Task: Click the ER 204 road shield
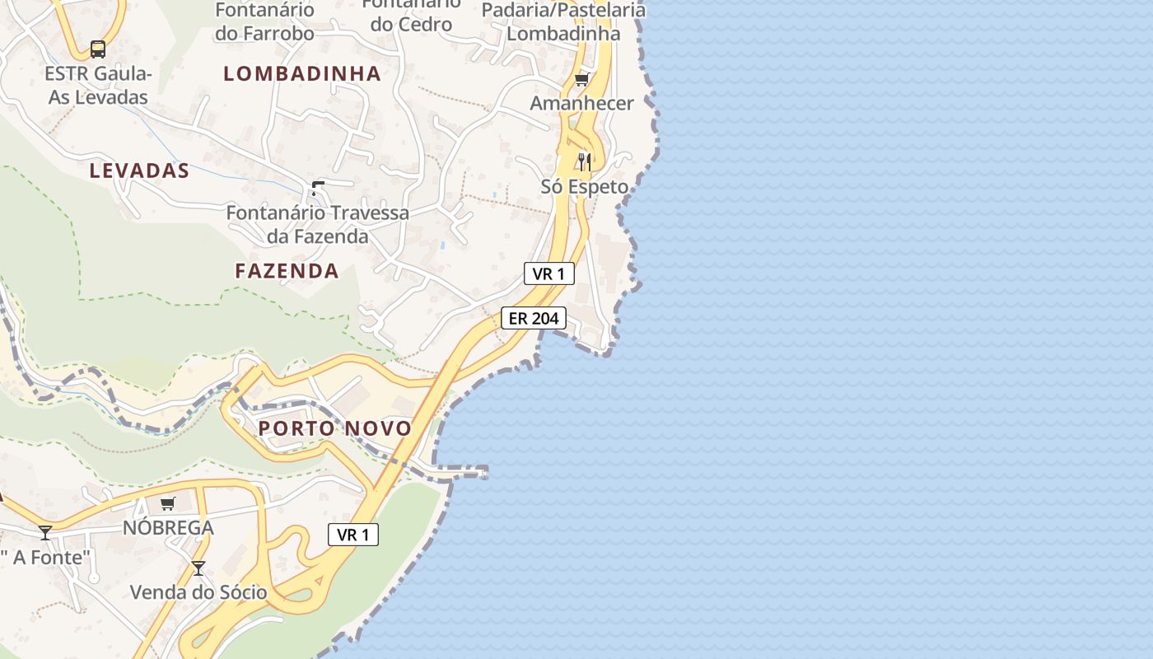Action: (534, 318)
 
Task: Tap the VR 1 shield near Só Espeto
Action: (548, 273)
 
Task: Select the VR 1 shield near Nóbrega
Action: (353, 535)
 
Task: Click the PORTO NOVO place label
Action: (334, 428)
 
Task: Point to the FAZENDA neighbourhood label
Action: (287, 271)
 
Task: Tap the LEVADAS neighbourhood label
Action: (139, 171)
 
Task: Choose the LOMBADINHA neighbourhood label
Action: (302, 74)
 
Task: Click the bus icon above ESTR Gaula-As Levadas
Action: (98, 49)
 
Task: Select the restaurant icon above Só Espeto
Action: (585, 161)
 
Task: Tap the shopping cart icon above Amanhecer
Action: (582, 79)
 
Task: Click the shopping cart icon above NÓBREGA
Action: (168, 503)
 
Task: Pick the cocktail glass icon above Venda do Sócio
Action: (198, 568)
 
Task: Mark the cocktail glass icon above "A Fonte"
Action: (45, 533)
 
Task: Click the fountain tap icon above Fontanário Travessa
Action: (317, 189)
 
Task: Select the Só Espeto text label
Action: (584, 187)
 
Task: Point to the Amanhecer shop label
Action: (581, 104)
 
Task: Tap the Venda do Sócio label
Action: (198, 592)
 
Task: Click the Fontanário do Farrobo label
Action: (264, 22)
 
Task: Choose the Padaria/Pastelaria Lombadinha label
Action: (563, 22)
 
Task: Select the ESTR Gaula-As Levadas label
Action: (98, 86)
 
